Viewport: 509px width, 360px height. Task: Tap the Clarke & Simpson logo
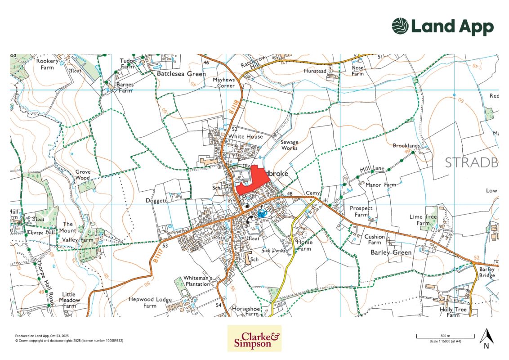(x=254, y=338)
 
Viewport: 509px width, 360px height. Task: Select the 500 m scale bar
(x=445, y=337)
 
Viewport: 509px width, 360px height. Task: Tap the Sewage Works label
(x=290, y=145)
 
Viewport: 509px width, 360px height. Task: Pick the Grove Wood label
(x=82, y=175)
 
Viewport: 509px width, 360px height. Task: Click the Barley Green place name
(x=391, y=252)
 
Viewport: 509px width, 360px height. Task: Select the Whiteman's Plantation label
(x=197, y=281)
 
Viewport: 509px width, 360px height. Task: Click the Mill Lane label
(x=372, y=169)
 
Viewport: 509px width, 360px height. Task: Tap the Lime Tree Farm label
(x=423, y=220)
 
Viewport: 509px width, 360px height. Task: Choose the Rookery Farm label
(x=47, y=64)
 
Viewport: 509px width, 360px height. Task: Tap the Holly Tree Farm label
(x=453, y=312)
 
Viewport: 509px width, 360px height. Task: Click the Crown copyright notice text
(x=69, y=341)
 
